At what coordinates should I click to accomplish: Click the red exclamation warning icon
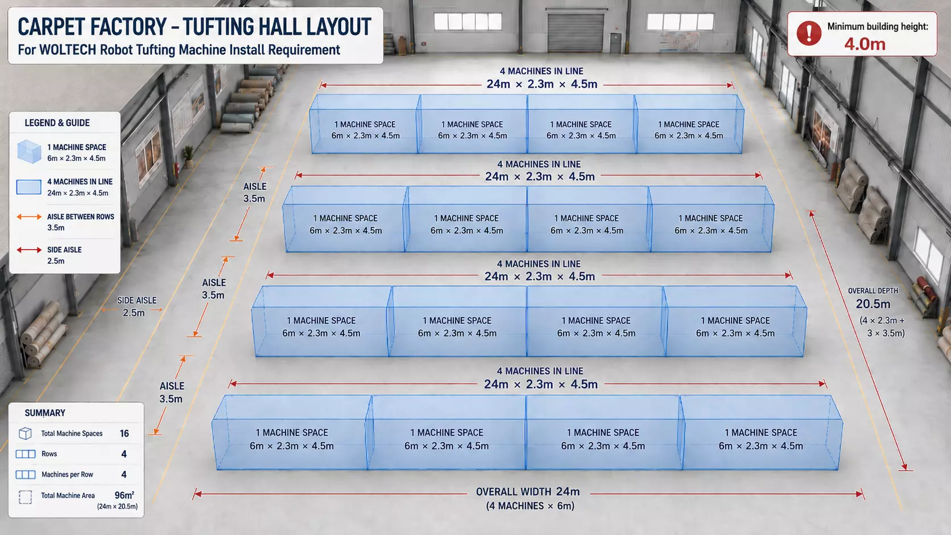tap(809, 33)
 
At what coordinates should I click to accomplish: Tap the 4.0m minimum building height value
tap(865, 44)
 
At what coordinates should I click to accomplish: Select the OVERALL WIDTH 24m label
tap(528, 492)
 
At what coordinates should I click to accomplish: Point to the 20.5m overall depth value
tap(873, 304)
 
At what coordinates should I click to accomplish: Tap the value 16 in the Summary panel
tap(124, 433)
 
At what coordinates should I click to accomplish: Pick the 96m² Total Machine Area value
tap(125, 495)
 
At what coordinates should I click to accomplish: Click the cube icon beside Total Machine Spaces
tap(25, 433)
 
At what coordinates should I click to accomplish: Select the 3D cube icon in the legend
tap(29, 151)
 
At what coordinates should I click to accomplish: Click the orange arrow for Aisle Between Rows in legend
tap(29, 217)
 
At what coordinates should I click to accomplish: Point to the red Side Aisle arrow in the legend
tap(29, 250)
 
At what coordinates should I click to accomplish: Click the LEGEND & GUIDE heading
tap(57, 123)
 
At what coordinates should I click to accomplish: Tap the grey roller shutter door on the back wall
tap(575, 32)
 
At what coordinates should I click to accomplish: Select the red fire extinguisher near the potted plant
tap(176, 169)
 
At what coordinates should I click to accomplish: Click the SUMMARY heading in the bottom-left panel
tap(45, 413)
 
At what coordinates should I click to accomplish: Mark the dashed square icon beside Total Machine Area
tap(25, 497)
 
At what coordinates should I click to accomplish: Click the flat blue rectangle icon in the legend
tap(29, 187)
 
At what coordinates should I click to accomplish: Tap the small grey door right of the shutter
tap(615, 43)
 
